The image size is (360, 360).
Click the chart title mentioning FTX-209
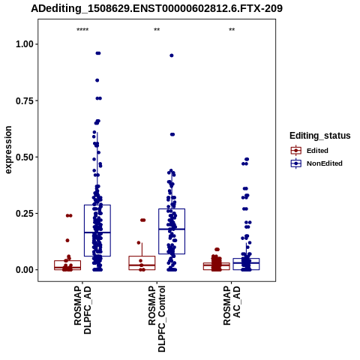[157, 9]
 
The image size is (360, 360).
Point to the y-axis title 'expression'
[8, 150]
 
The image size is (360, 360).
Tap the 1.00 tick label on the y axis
[25, 44]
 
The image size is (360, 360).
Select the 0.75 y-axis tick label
[25, 100]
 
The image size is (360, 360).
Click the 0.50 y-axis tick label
[25, 157]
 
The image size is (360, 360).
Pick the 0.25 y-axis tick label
[25, 214]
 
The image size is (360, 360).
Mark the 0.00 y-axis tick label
[25, 270]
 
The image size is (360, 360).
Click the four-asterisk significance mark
[82, 30]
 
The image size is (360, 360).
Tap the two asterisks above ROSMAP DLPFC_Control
[157, 30]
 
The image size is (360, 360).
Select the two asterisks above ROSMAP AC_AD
[232, 30]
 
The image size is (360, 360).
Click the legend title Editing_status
[320, 136]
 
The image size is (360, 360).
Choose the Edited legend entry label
[317, 151]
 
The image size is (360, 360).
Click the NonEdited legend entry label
[325, 163]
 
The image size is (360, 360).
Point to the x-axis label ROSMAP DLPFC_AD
[82, 310]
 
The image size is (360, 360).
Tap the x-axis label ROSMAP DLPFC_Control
[157, 319]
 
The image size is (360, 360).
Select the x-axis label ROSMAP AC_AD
[232, 306]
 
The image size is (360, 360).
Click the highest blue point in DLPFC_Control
[172, 55]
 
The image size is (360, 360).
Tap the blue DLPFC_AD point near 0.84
[97, 80]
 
